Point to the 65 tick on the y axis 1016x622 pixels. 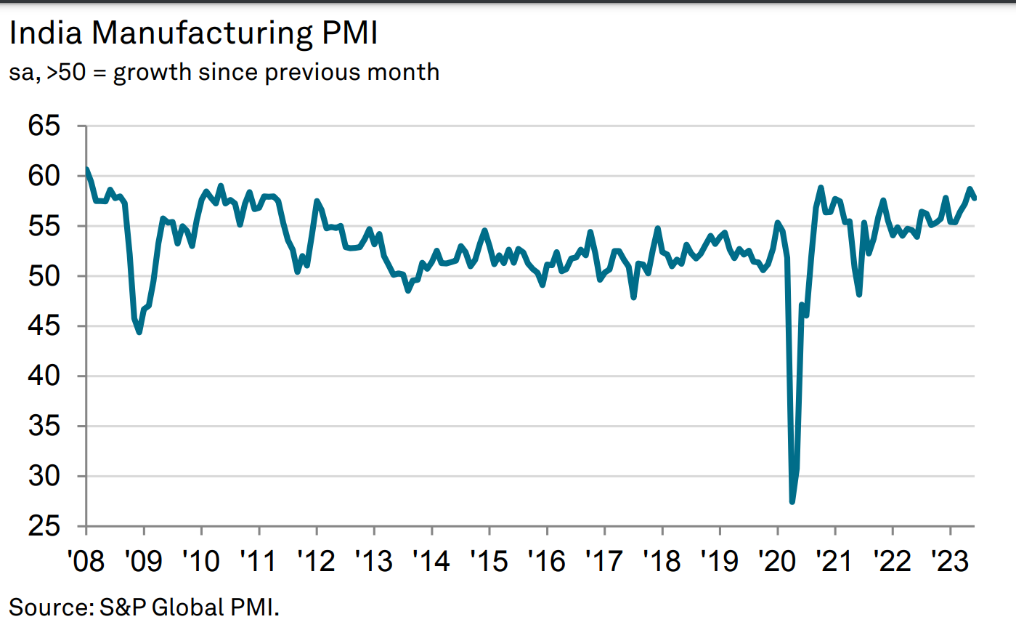tap(44, 126)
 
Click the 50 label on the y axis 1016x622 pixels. tap(44, 277)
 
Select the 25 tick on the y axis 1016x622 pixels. tap(44, 526)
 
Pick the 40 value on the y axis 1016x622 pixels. tap(44, 376)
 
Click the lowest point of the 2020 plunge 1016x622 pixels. tap(792, 501)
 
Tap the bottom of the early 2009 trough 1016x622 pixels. tap(139, 332)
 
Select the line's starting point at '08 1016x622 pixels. tap(86, 170)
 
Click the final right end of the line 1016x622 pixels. tap(975, 198)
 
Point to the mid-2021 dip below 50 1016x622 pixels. tap(859, 294)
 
